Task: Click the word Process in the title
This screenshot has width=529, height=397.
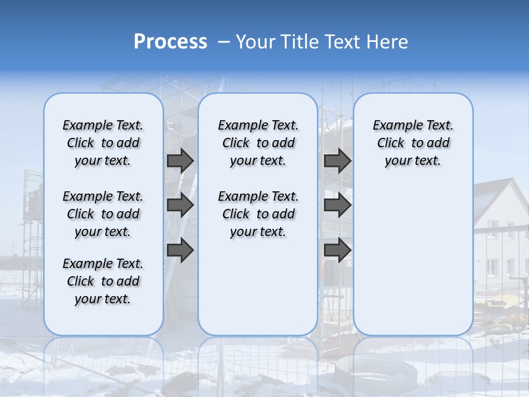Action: [170, 42]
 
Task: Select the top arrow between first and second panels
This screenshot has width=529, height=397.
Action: [180, 160]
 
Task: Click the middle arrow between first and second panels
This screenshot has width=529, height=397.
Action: [180, 205]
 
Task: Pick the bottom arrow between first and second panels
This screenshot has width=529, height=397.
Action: [180, 250]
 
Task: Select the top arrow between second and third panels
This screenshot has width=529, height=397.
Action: [337, 160]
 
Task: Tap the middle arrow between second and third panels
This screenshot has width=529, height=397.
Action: [337, 205]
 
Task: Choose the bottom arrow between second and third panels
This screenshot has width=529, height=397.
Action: [337, 250]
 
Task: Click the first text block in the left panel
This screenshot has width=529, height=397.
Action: [103, 143]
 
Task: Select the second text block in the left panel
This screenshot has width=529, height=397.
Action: [103, 214]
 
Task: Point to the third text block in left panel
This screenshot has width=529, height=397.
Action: [103, 281]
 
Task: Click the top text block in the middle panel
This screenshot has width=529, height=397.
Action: [258, 143]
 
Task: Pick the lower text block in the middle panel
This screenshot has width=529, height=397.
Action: [258, 214]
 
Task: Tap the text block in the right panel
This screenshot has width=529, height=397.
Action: [413, 143]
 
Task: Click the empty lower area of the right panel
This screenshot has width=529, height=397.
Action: [413, 259]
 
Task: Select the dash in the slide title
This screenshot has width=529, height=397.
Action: [224, 42]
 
